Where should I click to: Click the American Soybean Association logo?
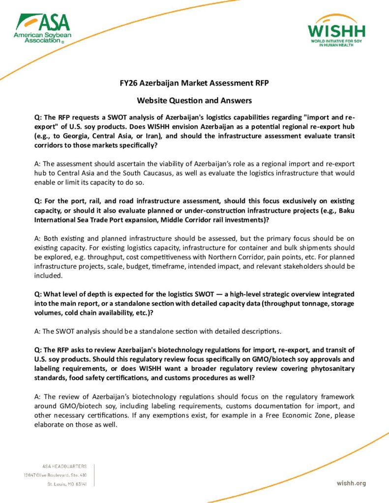pyautogui.click(x=42, y=28)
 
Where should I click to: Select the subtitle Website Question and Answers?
pyautogui.click(x=194, y=101)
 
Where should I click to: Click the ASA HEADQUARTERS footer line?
pyautogui.click(x=64, y=466)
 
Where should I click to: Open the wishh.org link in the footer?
pyautogui.click(x=351, y=483)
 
